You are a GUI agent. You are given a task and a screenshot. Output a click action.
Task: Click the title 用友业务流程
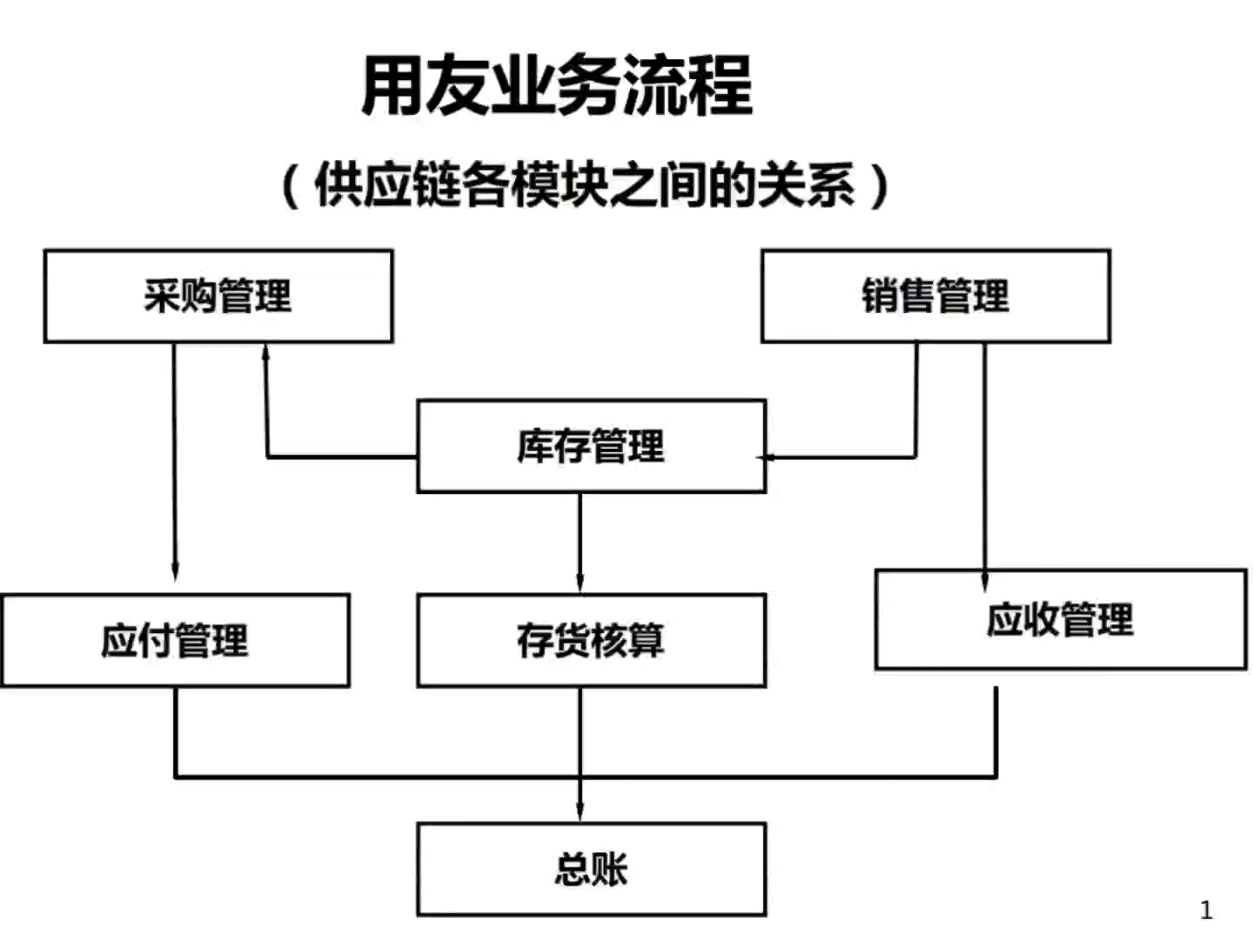point(557,85)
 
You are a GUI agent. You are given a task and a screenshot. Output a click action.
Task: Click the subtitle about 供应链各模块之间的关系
point(585,184)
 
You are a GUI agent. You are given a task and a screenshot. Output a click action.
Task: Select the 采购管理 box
point(218,296)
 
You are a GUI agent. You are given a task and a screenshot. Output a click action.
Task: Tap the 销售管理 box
point(935,296)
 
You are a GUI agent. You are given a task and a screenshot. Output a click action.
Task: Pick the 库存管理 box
point(591,447)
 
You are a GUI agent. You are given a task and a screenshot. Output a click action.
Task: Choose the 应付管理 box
point(175,642)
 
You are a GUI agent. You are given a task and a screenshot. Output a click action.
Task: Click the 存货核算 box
point(591,642)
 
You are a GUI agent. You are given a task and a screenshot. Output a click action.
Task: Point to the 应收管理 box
point(1060,620)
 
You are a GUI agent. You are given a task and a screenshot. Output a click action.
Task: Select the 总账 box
point(591,869)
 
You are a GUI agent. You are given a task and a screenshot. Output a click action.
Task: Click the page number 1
point(1206,910)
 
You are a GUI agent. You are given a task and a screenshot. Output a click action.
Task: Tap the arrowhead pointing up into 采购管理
point(266,352)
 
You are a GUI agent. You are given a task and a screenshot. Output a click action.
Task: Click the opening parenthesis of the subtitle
point(291,185)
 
